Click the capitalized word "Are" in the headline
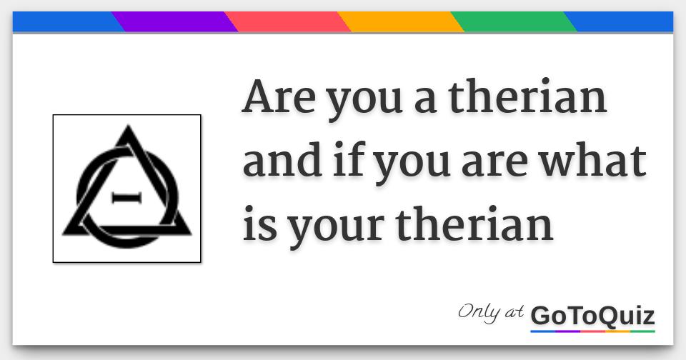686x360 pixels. (279, 96)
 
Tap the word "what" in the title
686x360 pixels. (592, 161)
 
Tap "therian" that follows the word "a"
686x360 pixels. (527, 96)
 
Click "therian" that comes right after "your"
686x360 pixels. (474, 224)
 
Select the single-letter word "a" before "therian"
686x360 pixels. (425, 100)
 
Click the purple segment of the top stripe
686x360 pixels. (175, 22)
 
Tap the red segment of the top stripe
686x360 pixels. (287, 22)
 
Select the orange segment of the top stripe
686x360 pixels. (400, 22)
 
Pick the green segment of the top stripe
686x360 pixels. (514, 22)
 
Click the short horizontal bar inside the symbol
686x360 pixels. (127, 198)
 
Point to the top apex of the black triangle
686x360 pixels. (128, 126)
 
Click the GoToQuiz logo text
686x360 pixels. (592, 316)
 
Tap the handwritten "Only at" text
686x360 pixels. (491, 312)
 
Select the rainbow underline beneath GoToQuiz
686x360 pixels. (593, 331)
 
